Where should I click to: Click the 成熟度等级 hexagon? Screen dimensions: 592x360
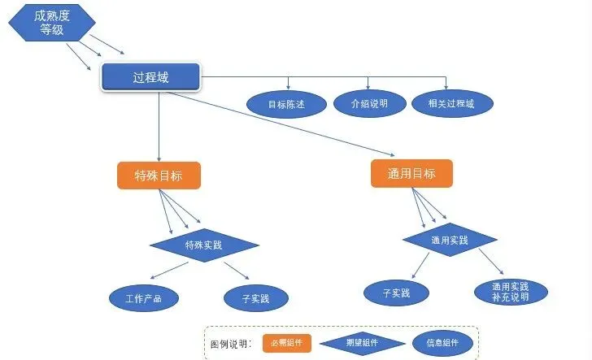coord(52,23)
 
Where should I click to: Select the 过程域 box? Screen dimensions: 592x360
coord(150,77)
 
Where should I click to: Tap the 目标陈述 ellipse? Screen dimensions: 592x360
coord(286,104)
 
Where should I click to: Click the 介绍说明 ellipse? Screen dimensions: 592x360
coord(370,103)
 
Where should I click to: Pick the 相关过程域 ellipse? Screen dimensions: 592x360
coord(452,103)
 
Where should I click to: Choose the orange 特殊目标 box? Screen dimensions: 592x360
coord(159,176)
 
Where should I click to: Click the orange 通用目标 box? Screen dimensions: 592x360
coord(411,174)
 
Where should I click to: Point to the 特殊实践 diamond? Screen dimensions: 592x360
coord(204,245)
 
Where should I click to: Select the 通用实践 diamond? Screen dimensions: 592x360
coord(450,240)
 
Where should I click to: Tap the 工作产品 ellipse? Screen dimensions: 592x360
coord(144,298)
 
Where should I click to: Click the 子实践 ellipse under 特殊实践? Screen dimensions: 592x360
coord(256,298)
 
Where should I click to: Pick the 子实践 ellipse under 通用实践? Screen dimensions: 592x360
coord(397,293)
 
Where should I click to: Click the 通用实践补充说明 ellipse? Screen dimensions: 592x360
coord(511,292)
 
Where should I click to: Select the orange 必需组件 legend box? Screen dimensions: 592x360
coord(287,343)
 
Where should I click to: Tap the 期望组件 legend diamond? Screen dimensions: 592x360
coord(363,343)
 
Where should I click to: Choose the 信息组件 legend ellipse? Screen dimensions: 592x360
coord(442,343)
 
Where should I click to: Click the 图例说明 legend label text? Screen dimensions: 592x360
coord(229,344)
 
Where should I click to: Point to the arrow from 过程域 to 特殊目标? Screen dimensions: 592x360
coord(159,127)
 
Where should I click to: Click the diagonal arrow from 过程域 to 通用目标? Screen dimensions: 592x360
coord(280,124)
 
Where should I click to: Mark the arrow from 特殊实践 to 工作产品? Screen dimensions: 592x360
coord(169,270)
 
